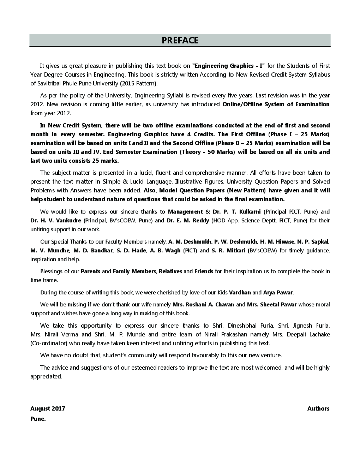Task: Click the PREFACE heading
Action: pyautogui.click(x=180, y=41)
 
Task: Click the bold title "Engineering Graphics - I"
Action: pyautogui.click(x=228, y=66)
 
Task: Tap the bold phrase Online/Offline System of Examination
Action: pyautogui.click(x=276, y=104)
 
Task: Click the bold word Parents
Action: pyautogui.click(x=90, y=271)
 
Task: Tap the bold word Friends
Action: pyautogui.click(x=204, y=271)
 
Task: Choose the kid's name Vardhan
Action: pyautogui.click(x=240, y=293)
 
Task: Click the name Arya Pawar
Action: pyautogui.click(x=278, y=293)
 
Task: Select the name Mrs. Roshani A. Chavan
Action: pyautogui.click(x=203, y=305)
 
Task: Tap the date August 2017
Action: pyautogui.click(x=48, y=409)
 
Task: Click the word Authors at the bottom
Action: pyautogui.click(x=318, y=409)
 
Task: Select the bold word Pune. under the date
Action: pyautogui.click(x=38, y=419)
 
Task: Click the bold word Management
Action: pyautogui.click(x=185, y=212)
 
